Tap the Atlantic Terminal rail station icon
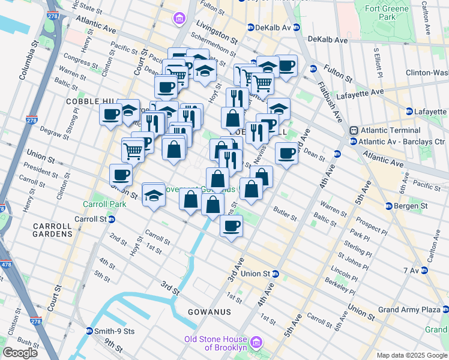pos(354,130)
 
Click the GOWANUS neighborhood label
pos(209,313)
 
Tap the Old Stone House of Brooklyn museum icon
pos(256,343)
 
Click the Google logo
pos(20,352)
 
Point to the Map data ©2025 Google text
pos(411,355)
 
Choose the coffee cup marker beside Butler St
pos(232,226)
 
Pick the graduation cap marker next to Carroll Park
pos(154,195)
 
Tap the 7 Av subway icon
pos(424,271)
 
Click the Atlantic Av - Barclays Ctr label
pos(402,142)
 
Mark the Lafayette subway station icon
pos(409,112)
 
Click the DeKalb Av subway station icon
pos(250,28)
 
